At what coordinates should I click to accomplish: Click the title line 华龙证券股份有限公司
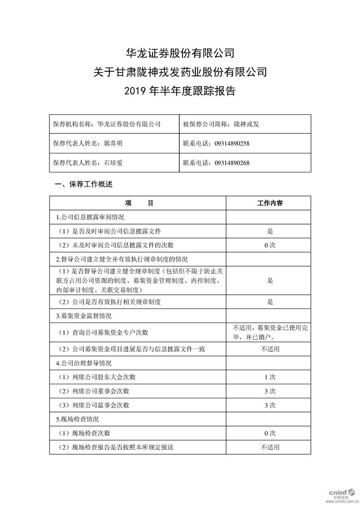click(x=180, y=53)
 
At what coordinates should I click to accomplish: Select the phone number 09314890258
click(x=232, y=143)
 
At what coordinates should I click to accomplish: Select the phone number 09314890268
click(x=232, y=163)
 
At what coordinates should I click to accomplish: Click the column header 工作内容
click(x=270, y=203)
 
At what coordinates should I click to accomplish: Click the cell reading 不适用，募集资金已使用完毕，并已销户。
click(x=270, y=332)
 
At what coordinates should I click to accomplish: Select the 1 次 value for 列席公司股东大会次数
click(x=270, y=377)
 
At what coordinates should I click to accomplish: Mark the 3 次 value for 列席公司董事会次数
click(x=270, y=391)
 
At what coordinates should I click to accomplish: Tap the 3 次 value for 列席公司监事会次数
click(x=270, y=405)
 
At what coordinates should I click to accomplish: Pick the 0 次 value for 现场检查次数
click(x=270, y=433)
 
